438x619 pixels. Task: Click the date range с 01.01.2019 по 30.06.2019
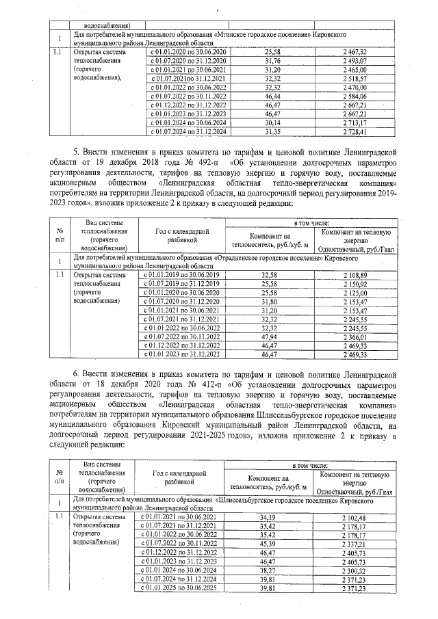coord(183,274)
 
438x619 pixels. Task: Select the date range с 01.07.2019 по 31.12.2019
coord(183,283)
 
